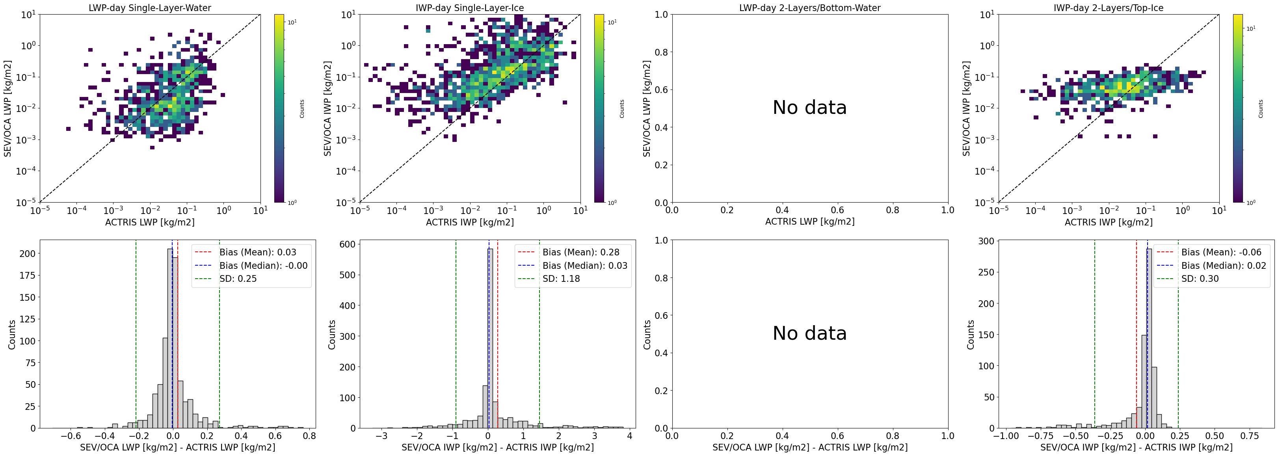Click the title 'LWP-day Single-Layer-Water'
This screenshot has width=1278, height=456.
(x=150, y=8)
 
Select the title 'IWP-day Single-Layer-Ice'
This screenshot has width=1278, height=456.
(x=469, y=8)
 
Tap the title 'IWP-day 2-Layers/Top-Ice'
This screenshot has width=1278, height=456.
(x=1108, y=8)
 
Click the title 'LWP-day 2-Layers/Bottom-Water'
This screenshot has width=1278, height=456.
(x=810, y=8)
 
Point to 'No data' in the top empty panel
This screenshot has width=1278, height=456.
(x=810, y=108)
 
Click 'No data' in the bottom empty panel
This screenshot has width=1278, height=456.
(x=810, y=333)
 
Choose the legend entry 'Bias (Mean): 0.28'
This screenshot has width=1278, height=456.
(x=580, y=252)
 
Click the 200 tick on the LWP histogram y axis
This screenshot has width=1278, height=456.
(x=27, y=253)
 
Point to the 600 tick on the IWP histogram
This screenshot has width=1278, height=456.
(x=347, y=244)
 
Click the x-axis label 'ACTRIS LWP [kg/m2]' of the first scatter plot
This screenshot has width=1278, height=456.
(x=150, y=222)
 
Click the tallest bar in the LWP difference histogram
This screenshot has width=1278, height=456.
(x=170, y=337)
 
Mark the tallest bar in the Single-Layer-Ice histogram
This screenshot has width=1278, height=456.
(x=490, y=337)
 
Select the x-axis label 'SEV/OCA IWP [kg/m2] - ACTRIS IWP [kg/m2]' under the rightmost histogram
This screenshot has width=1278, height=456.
(x=1136, y=447)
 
